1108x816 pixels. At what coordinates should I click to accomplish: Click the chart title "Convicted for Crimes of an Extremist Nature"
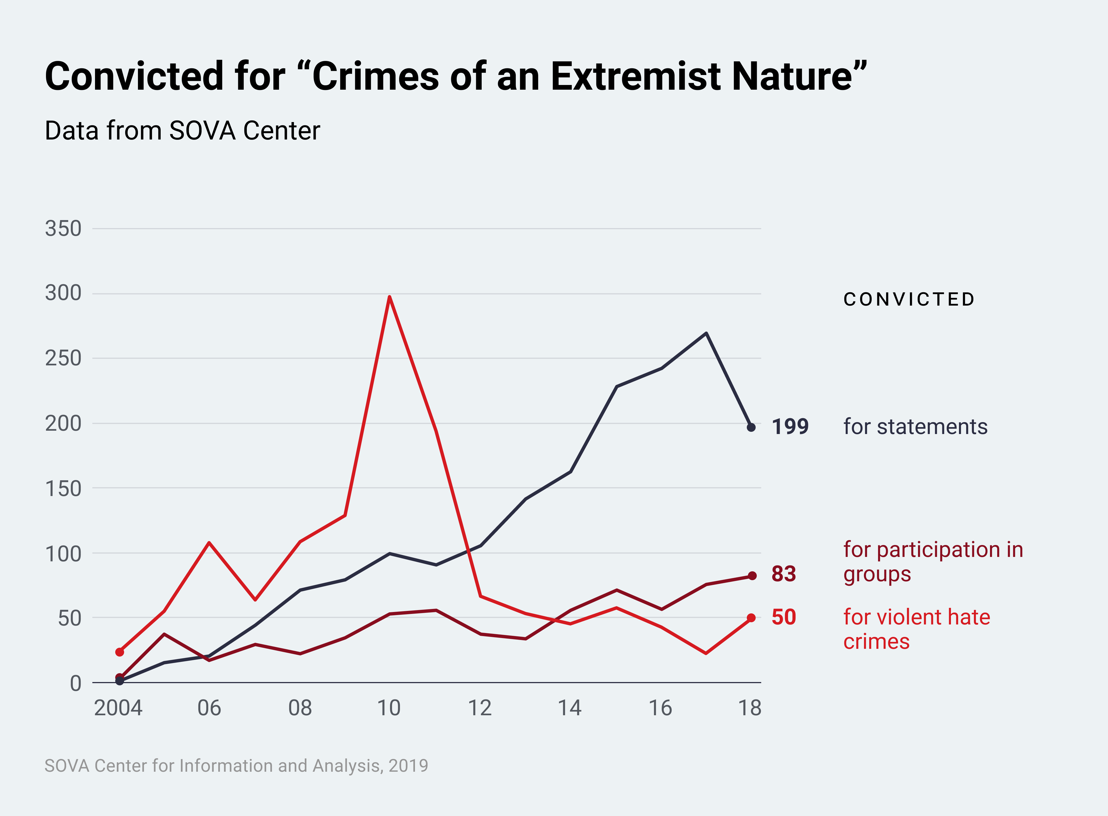point(456,77)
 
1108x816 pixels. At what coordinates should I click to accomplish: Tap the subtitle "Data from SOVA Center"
point(182,131)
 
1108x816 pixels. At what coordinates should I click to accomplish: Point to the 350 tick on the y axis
point(63,229)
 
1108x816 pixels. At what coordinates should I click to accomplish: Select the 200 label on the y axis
point(63,423)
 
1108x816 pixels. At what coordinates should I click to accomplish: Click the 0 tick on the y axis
point(76,684)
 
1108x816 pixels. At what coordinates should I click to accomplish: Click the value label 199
point(790,427)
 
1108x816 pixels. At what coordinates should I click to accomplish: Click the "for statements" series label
point(915,427)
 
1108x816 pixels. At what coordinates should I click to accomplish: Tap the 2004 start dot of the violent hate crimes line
point(120,652)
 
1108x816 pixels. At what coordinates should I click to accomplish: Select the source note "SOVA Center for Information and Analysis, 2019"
point(236,766)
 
